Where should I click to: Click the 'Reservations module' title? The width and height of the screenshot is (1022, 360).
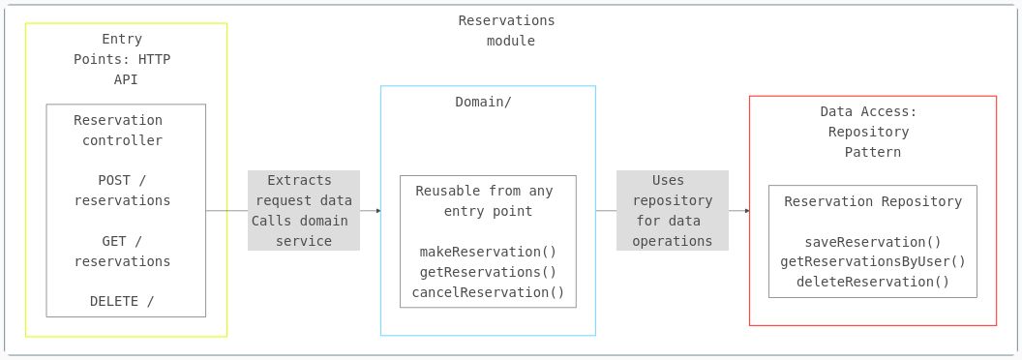coord(508,31)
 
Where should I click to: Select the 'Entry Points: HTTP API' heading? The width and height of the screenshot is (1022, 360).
coord(123,59)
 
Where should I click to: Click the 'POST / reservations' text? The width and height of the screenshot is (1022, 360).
coord(122,191)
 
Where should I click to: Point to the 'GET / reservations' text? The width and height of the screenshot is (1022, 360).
coord(122,252)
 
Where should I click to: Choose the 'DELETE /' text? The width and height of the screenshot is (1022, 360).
coord(122,301)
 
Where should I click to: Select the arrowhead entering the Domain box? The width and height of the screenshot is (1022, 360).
coord(377,210)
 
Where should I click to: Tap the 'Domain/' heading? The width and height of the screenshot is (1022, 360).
coord(483,102)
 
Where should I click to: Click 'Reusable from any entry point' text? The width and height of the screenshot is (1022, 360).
coord(485,201)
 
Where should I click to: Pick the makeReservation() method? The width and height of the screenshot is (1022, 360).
coord(488,252)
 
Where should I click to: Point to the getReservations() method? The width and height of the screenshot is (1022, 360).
coord(488,272)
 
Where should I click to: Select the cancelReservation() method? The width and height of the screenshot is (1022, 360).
coord(488,292)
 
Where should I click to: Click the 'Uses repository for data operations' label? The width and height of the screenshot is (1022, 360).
coord(673,211)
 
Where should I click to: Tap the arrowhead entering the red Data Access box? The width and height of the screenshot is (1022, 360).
coord(746,210)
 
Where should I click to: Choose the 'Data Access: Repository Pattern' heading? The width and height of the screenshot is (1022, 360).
coord(869,132)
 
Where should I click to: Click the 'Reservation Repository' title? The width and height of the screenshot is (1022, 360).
coord(873,201)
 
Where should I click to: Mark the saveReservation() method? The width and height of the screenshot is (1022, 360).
coord(873,242)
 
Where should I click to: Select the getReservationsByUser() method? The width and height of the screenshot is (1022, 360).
coord(873,261)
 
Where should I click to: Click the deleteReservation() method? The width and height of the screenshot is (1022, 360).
coord(873,282)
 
